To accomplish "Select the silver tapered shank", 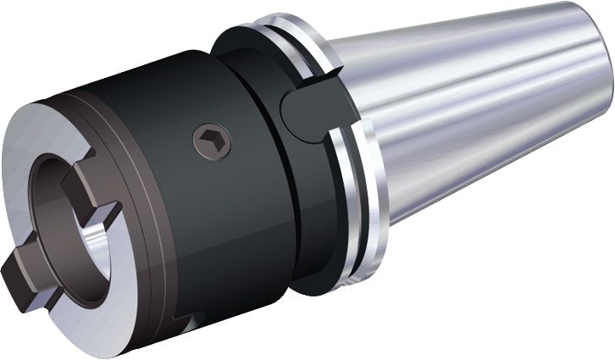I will coord(474,102).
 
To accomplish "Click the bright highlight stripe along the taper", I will coord(474,76).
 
